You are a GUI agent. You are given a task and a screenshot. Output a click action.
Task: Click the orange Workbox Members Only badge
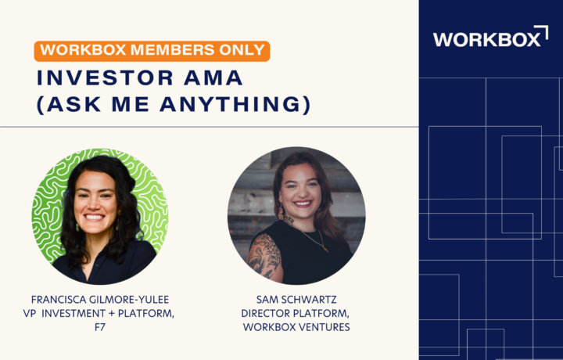152,51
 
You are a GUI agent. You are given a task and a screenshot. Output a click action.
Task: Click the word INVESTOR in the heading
106,77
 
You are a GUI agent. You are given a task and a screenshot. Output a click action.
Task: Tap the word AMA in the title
213,77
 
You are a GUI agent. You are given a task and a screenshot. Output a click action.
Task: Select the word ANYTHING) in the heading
235,104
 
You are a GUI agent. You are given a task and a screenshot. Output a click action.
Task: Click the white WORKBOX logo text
486,39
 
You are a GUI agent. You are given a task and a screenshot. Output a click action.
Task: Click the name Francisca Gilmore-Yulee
100,300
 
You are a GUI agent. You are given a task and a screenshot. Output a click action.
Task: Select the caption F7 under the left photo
100,327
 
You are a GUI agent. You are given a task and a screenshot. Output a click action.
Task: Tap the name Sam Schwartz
296,300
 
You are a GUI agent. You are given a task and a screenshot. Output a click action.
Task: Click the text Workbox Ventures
296,327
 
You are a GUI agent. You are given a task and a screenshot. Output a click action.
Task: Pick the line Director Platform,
295,313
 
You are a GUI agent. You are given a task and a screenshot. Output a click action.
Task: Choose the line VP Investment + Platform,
99,313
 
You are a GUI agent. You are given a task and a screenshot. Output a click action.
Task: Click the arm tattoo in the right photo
265,255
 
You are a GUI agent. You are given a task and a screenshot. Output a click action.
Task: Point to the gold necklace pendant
325,249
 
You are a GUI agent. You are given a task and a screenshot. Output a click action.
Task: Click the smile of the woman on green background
94,218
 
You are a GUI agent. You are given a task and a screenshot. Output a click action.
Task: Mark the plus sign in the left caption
112,314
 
